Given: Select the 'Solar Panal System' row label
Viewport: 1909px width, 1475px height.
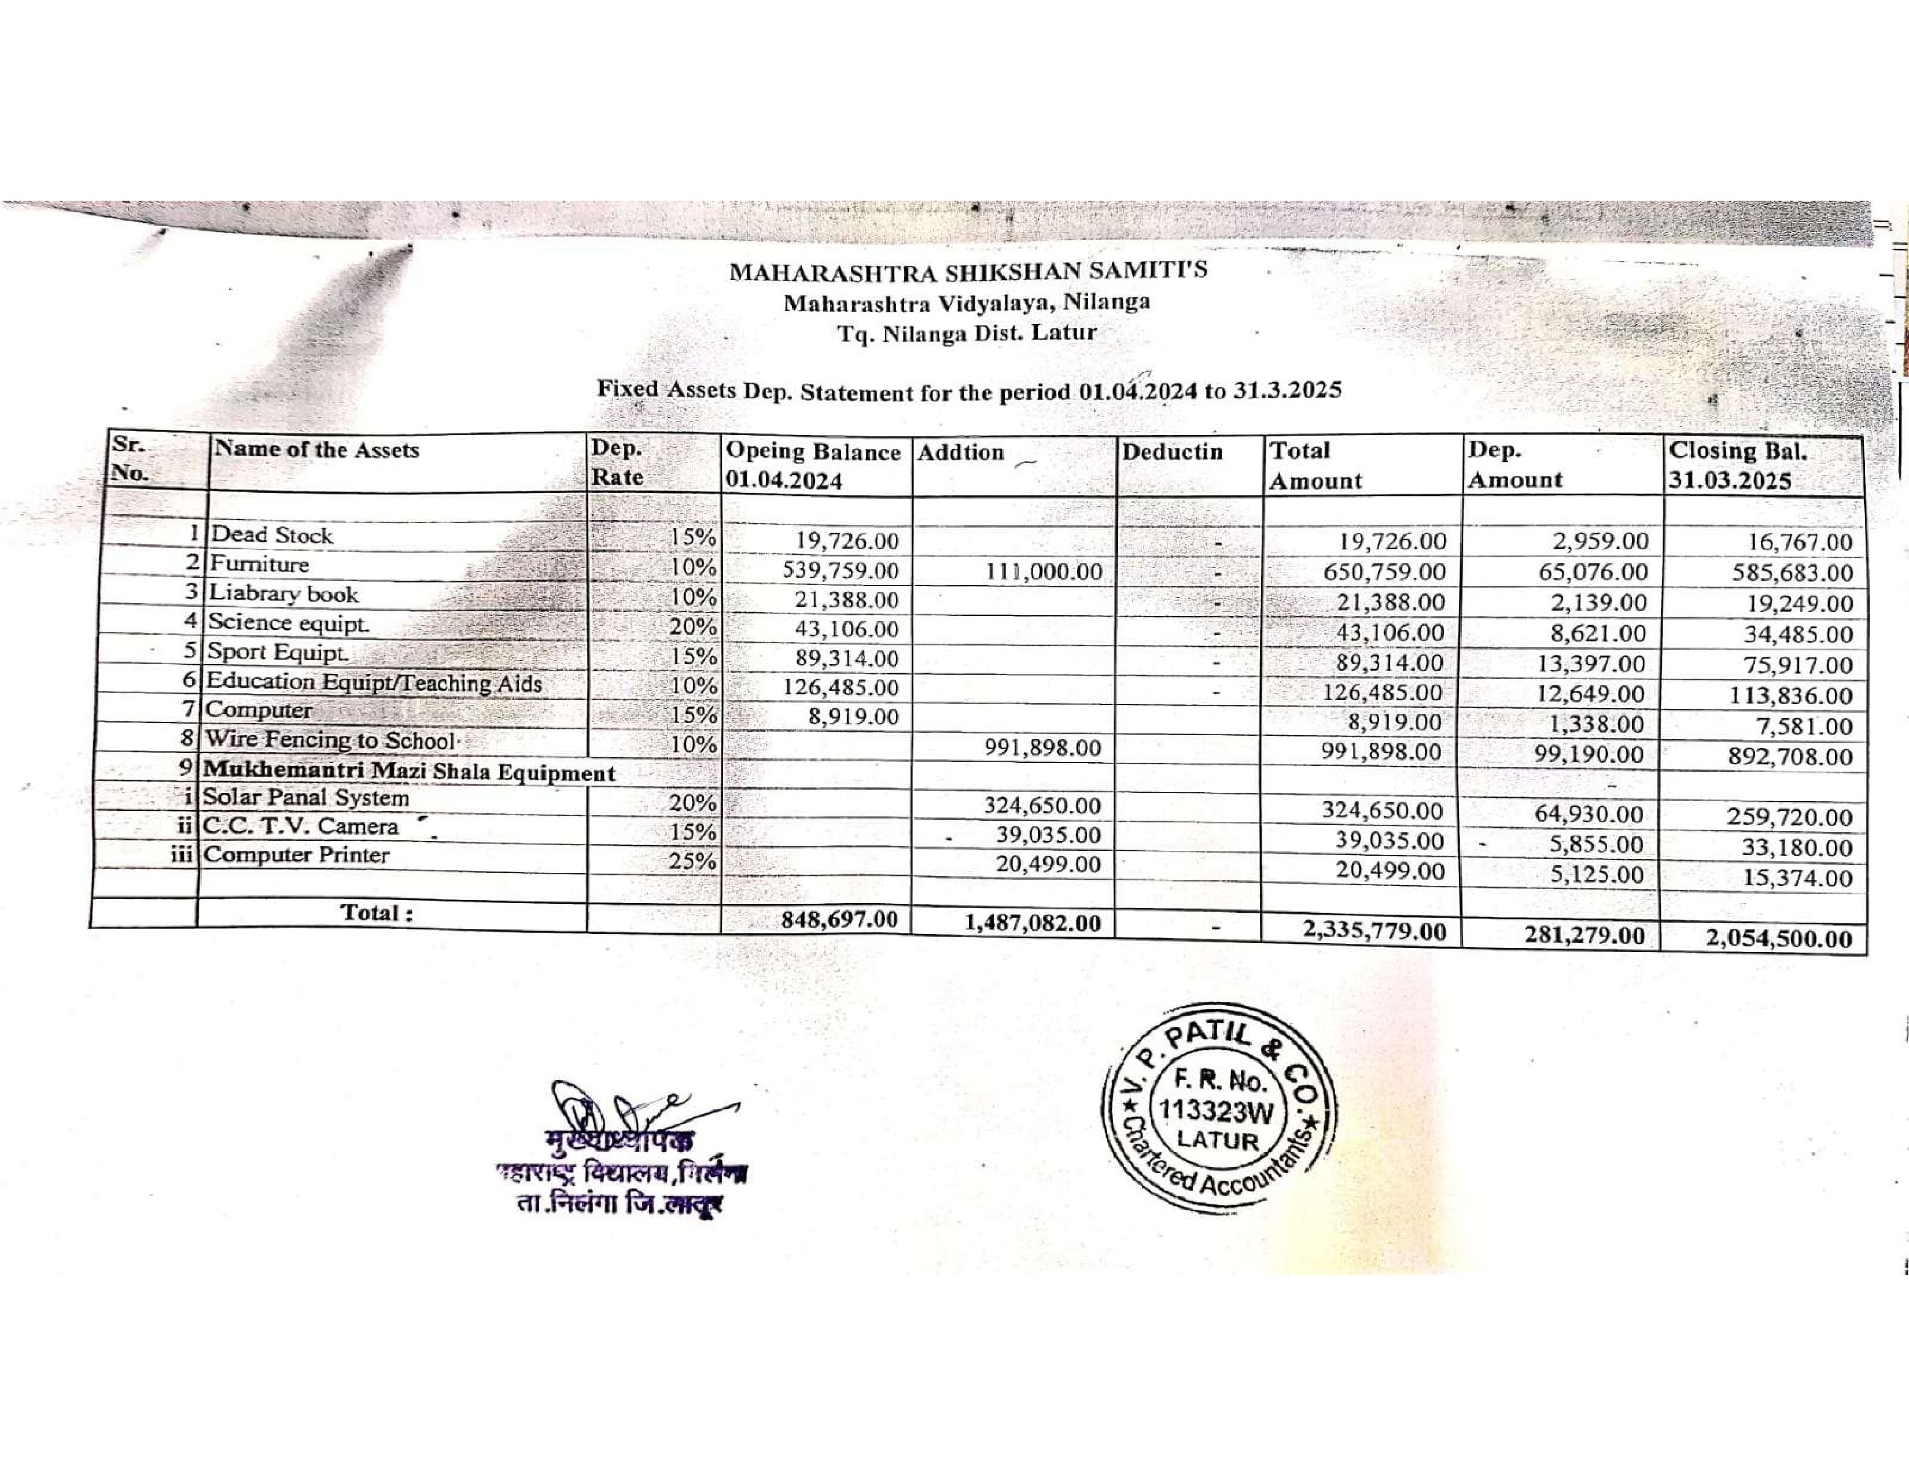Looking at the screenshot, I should pos(306,798).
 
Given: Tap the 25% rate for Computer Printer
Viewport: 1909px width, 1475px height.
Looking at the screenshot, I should pos(692,861).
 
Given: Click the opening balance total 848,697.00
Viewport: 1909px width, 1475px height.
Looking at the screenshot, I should pos(826,919).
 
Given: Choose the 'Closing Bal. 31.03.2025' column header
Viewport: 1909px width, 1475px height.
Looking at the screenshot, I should pos(1738,466).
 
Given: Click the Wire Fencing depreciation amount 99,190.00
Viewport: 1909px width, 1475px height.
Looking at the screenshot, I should pos(1591,755).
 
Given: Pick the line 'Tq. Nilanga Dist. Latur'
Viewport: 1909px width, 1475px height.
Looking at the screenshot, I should pos(967,334).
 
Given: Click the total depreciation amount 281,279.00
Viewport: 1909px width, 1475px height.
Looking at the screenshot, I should pos(1584,936).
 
